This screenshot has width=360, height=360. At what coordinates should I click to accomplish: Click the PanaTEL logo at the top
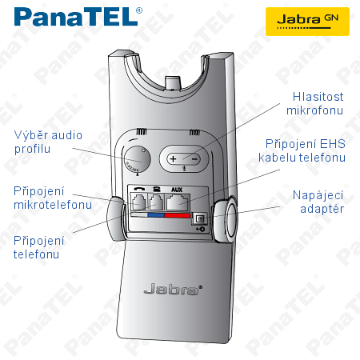pos(78,17)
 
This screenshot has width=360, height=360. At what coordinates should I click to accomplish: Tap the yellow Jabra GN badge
pos(307,22)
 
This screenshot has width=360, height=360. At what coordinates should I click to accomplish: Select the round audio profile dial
pos(138,159)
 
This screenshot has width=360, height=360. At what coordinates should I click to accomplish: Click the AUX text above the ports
pos(177,190)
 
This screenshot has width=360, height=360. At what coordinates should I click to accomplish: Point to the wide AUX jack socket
pos(178,202)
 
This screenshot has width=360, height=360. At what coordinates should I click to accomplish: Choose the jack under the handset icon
pos(138,202)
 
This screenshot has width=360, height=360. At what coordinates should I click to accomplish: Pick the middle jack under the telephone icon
pos(156,202)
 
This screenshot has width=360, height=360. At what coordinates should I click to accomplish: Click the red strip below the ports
pos(178,215)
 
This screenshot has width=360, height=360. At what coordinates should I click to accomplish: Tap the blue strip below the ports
pos(156,215)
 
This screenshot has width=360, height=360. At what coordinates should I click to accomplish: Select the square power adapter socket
pos(200,219)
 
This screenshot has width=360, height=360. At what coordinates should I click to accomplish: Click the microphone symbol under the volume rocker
pos(184,168)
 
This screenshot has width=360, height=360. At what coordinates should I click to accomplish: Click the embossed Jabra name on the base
pos(173,289)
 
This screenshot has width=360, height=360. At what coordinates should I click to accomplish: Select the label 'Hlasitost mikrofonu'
pos(315,104)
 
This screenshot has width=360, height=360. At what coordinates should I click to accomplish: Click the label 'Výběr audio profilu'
pos(48,142)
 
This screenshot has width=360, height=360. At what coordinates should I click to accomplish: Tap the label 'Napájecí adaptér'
pos(318,202)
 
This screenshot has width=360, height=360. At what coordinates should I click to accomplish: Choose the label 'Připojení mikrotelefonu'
pos(53,198)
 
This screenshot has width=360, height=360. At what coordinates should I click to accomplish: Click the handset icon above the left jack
pos(139,189)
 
